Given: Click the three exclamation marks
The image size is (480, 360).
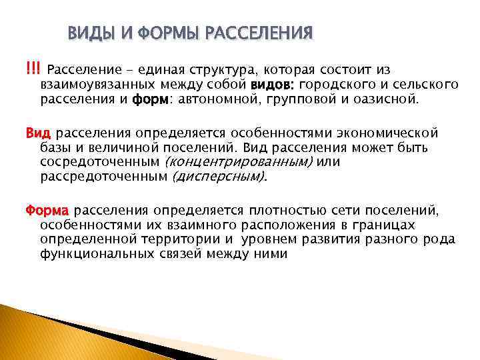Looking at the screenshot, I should click(33, 70).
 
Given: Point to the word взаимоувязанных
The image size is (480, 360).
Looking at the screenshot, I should click(93, 85).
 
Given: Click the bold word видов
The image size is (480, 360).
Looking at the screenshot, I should click(273, 85).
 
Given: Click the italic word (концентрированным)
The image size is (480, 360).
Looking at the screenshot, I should click(238, 162).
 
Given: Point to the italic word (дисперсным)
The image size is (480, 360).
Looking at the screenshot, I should click(219, 177).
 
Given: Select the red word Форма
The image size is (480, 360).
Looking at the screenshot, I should click(43, 210).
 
